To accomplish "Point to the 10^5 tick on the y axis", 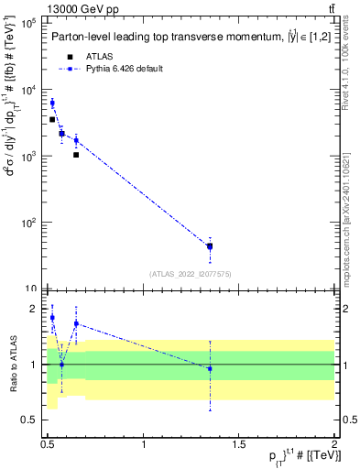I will click(x=30, y=23).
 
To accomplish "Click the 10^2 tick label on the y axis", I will click(x=30, y=223).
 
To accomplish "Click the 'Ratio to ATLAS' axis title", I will click(x=12, y=364).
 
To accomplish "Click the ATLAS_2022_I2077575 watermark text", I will click(x=191, y=274).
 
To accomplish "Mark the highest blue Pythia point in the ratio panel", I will click(x=52, y=318).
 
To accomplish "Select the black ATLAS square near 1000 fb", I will click(x=76, y=155).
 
